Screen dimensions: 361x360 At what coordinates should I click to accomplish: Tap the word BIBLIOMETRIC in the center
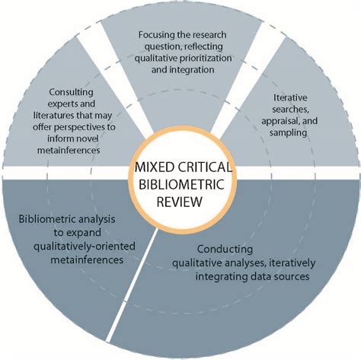pos(182,184)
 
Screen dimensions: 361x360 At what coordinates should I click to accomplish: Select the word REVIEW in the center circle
pos(180,202)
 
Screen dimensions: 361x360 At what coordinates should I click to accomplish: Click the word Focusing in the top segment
pos(155,35)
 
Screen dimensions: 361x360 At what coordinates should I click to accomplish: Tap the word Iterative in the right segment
pos(289,97)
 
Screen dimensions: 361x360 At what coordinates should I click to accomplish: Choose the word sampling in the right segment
pos(288,132)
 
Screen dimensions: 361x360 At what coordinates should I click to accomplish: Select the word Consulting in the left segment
pos(71,92)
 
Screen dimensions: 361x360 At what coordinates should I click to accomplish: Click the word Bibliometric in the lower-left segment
pos(47,219)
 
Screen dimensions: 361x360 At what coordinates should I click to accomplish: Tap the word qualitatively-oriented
pos(85,247)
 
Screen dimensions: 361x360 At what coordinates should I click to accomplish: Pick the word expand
pos(86,233)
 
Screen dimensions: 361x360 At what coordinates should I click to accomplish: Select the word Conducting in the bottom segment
pos(225,249)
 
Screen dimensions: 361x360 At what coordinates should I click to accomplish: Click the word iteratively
pos(292,263)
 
